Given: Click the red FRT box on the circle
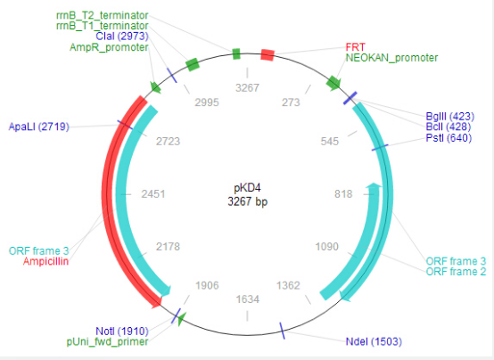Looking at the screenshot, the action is point(268,55).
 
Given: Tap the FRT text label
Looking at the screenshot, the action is point(355,47).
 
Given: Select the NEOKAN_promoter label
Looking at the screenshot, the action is point(391,58).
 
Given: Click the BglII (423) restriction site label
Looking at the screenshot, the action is point(450,117).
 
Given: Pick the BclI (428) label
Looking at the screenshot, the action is point(448,127).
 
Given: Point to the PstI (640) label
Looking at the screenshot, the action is point(449,138).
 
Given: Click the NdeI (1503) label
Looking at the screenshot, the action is point(374,341).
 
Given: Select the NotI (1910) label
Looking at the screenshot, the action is point(122,331).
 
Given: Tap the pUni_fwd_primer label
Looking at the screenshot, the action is point(107,341).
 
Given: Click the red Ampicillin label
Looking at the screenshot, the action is point(45,261).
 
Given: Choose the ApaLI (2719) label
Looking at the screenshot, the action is point(38,127).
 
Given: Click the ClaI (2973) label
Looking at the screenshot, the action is point(122,37).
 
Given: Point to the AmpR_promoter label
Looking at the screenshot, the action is point(109,47).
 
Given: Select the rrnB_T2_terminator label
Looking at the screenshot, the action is point(102,15).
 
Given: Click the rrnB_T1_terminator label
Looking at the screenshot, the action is point(102,26).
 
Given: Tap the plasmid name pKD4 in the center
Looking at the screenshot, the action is point(247,188).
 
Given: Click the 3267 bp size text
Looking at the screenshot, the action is point(248,201).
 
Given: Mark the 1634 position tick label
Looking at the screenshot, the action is point(248,299).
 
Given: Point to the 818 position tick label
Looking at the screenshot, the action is point(343,194).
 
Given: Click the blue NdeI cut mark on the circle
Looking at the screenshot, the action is point(283,331).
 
